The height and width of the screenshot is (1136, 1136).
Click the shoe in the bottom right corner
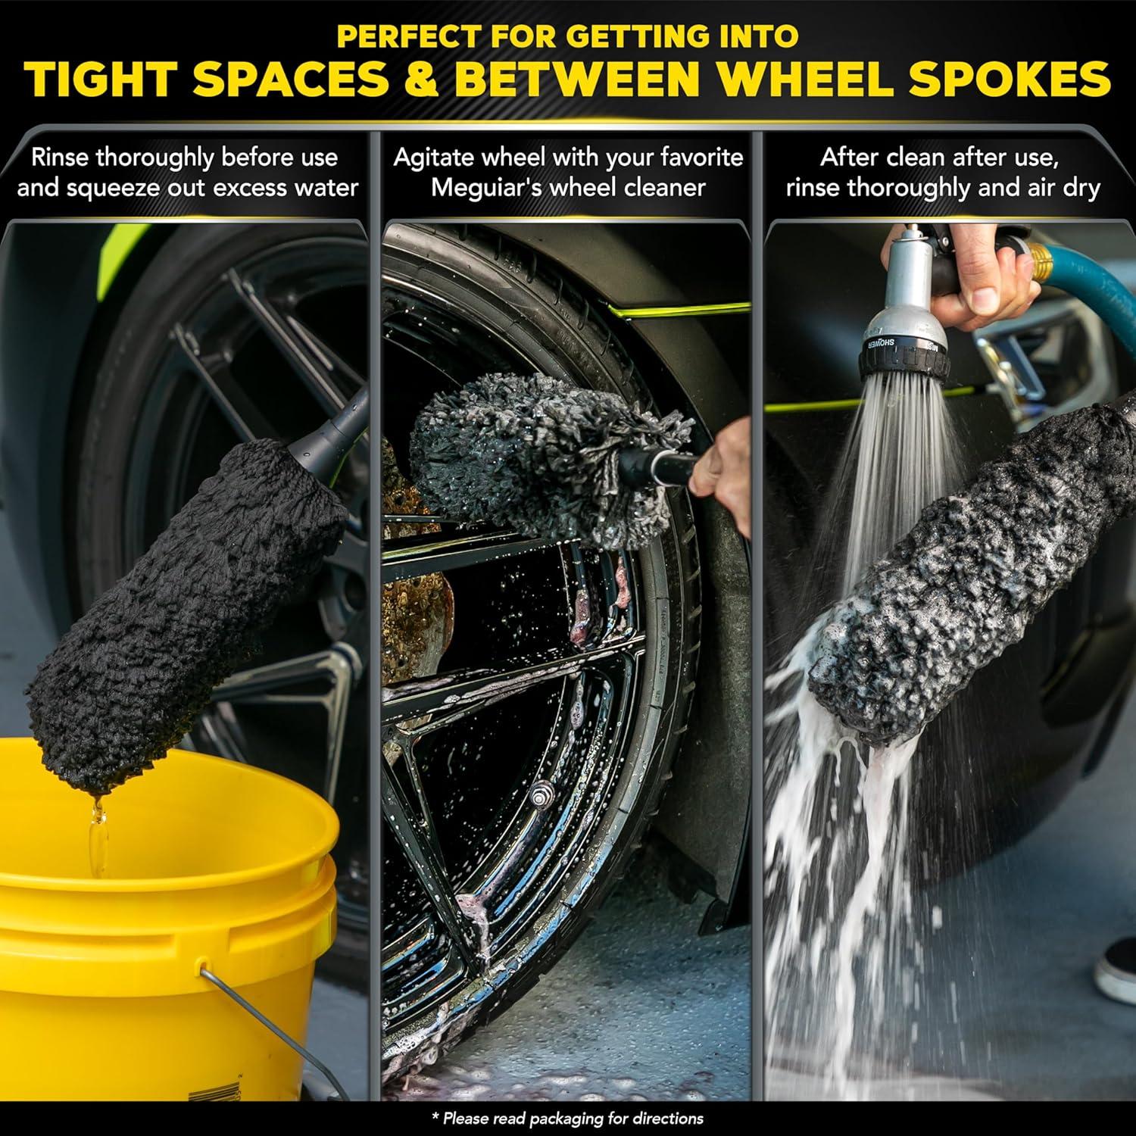pos(1118,966)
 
